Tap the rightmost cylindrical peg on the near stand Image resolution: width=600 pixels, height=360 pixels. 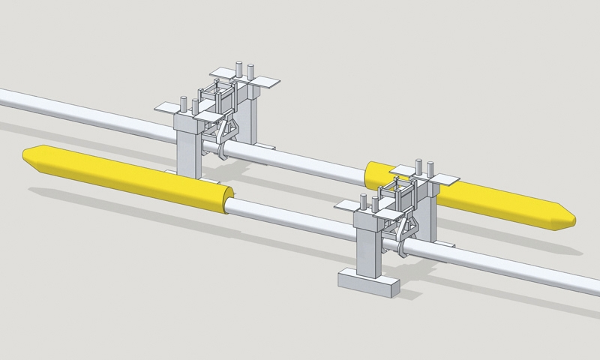(x=430, y=167)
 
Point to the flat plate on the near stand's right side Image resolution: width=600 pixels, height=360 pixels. (x=446, y=181)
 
